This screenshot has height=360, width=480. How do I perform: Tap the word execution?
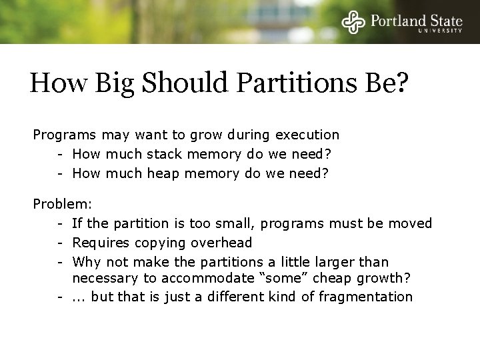[x=307, y=135]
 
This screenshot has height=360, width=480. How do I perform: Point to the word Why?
[x=87, y=261]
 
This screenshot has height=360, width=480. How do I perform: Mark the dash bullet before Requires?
[x=60, y=241]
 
